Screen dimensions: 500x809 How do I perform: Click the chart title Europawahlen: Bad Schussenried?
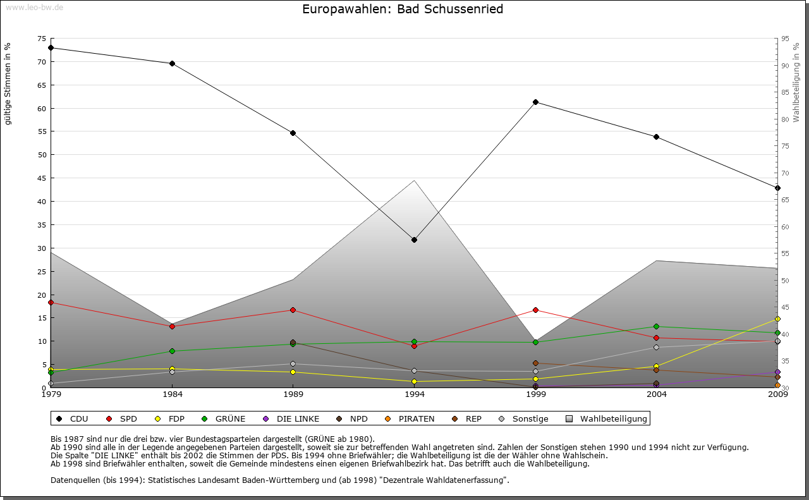(x=403, y=9)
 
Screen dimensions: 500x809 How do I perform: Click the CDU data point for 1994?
(x=414, y=240)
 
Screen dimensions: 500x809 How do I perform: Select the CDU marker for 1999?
(x=535, y=102)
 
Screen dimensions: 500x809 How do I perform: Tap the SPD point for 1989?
(x=293, y=310)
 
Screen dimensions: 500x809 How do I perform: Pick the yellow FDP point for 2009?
(x=777, y=319)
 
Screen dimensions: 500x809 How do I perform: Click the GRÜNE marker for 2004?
(x=657, y=326)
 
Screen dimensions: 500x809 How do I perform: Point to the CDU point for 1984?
(x=172, y=63)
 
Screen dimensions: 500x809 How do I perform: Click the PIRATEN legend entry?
(x=410, y=418)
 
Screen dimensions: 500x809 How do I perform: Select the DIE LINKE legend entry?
(x=291, y=418)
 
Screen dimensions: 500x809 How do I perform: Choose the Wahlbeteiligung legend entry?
(x=607, y=418)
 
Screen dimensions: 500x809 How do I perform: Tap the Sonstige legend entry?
(x=524, y=418)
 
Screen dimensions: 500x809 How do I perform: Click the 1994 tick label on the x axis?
(x=415, y=395)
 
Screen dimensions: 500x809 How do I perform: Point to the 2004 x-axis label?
(x=657, y=395)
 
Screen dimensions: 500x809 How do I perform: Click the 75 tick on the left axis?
(x=42, y=39)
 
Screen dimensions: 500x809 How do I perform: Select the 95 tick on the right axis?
(x=785, y=39)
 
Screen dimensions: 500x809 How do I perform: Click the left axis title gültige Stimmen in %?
(x=8, y=83)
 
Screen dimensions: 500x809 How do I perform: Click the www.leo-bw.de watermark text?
(x=34, y=7)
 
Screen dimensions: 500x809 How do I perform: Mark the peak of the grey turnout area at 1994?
(x=414, y=181)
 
